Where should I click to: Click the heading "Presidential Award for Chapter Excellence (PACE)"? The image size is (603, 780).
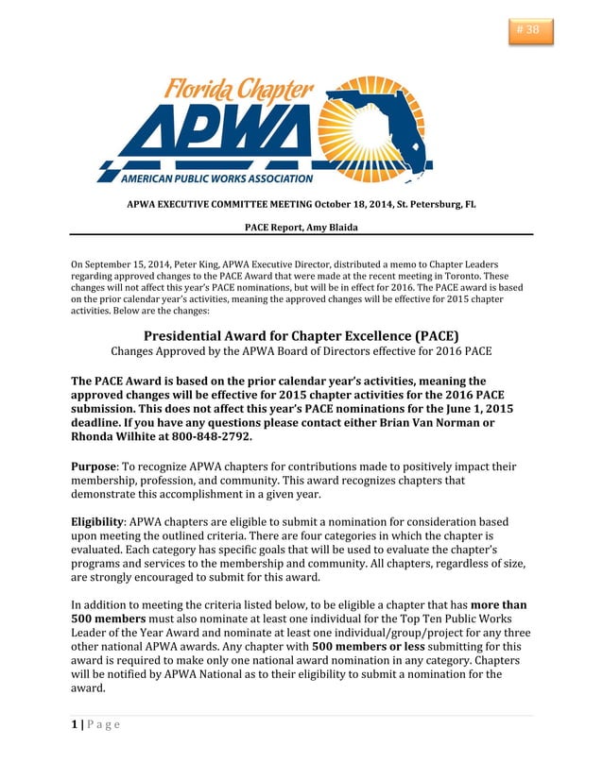point(301,335)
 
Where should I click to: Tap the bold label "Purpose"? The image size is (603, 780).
point(94,466)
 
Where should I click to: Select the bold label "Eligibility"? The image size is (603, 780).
point(98,521)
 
